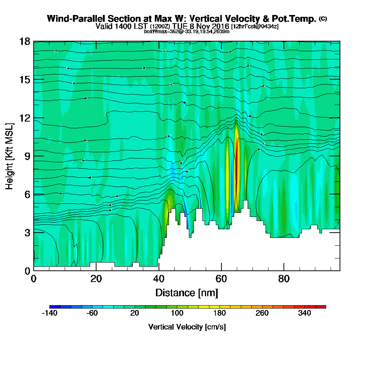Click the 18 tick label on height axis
click(25, 41)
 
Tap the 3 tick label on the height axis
click(27, 232)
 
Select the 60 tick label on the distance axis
click(221, 279)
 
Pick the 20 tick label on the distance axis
click(96, 279)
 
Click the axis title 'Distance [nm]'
click(187, 292)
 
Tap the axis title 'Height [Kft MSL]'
click(9, 156)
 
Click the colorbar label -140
click(49, 313)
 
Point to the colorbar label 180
click(220, 313)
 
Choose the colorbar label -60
click(92, 313)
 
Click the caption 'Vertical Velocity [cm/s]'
click(187, 327)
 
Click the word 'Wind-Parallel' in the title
click(70, 19)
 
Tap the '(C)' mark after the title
click(323, 19)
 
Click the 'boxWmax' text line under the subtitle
click(187, 31)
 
